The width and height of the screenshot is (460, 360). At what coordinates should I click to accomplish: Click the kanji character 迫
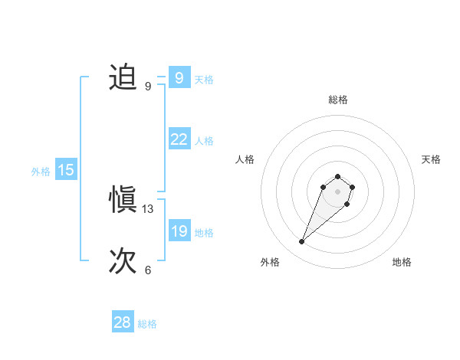coord(123,78)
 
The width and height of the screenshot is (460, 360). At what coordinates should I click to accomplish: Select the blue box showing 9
coord(179,78)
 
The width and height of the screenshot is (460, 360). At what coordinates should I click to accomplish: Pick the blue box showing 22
coord(179,139)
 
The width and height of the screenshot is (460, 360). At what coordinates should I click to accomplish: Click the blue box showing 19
coord(179,231)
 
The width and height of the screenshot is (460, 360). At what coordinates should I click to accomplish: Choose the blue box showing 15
coord(66,170)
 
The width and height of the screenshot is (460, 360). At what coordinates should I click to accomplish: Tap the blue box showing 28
coord(122,322)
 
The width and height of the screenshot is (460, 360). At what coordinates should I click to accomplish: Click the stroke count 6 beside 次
coord(148,270)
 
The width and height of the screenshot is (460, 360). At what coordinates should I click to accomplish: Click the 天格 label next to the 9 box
coord(204,79)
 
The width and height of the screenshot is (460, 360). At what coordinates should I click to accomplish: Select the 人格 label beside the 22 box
coord(204,141)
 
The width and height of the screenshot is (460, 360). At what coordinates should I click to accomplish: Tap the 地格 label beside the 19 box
coord(204,233)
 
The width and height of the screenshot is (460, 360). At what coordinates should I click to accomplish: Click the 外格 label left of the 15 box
coord(41,172)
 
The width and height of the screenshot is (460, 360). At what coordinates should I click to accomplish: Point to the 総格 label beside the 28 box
coord(147,324)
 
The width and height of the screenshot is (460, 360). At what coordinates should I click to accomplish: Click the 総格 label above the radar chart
coord(337,100)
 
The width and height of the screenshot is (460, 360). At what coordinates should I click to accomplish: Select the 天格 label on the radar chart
coord(431,159)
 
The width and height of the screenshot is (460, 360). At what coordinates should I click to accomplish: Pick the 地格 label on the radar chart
coord(402,262)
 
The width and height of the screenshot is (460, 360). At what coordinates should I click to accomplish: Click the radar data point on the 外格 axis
coord(302,242)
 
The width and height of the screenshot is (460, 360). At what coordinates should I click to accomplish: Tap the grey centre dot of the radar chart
coord(337,191)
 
